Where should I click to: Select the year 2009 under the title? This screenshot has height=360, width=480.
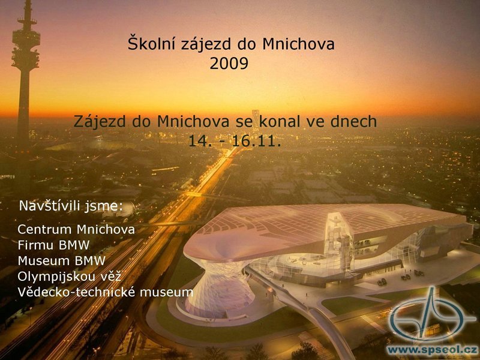(x=229, y=64)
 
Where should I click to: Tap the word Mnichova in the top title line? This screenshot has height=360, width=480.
(x=298, y=43)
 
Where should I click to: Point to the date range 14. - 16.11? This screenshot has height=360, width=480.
(x=235, y=141)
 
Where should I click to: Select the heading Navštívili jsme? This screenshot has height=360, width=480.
(x=71, y=206)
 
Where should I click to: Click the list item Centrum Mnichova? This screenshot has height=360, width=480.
(x=76, y=229)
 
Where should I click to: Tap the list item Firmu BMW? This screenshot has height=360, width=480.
(x=53, y=245)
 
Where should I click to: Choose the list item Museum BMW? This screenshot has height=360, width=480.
(x=62, y=261)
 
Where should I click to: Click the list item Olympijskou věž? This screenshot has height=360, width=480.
(x=69, y=277)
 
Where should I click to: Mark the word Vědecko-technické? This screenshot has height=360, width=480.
(x=76, y=292)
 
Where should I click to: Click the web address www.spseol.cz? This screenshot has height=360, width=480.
(x=432, y=350)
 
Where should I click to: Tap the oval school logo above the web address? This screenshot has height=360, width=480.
(x=432, y=316)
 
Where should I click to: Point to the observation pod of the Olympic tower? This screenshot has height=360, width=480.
(x=26, y=46)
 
